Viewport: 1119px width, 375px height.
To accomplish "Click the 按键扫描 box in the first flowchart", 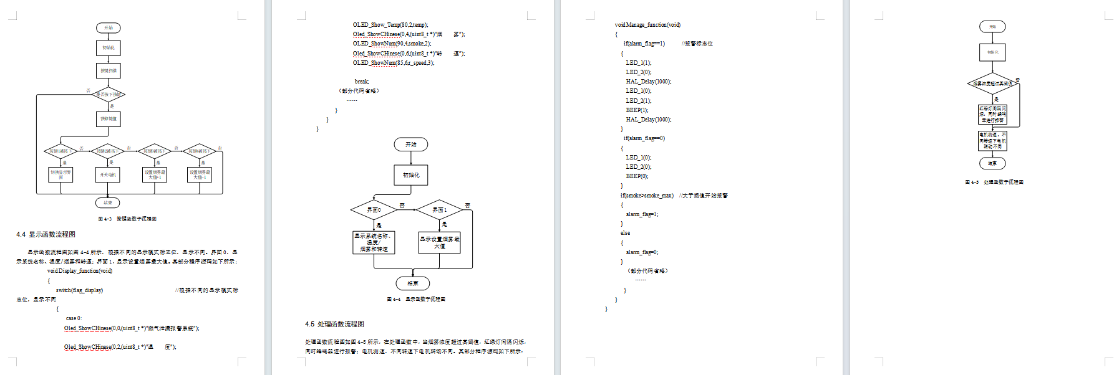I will [109, 70].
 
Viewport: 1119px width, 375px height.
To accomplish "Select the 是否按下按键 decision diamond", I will [109, 95].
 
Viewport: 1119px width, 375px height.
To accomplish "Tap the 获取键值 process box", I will [109, 119].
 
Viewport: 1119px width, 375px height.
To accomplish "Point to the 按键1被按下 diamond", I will [61, 151].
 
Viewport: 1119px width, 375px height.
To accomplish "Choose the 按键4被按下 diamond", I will [200, 151].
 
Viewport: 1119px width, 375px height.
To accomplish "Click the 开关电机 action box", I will [108, 175].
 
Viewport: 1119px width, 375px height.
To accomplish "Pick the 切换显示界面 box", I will [61, 175].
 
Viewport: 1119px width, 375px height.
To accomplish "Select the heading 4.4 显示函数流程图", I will [46, 235].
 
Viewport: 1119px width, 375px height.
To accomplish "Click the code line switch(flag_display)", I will [79, 290].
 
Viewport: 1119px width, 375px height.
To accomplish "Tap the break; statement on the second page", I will [362, 82].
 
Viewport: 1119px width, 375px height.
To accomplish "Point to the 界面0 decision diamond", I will [374, 210].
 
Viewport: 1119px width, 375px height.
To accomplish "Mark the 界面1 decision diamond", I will [440, 210].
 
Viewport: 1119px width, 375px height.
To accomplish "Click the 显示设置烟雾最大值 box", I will [440, 242].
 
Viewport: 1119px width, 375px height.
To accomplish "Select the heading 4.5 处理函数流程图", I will [335, 325].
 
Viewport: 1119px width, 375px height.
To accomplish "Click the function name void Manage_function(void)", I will [647, 25].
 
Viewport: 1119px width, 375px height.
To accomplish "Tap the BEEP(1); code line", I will [637, 110].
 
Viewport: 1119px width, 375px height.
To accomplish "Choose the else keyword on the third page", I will [625, 233].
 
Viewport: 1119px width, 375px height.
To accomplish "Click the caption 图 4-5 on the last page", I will [994, 183].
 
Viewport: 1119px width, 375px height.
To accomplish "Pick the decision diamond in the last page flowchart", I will [992, 83].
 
